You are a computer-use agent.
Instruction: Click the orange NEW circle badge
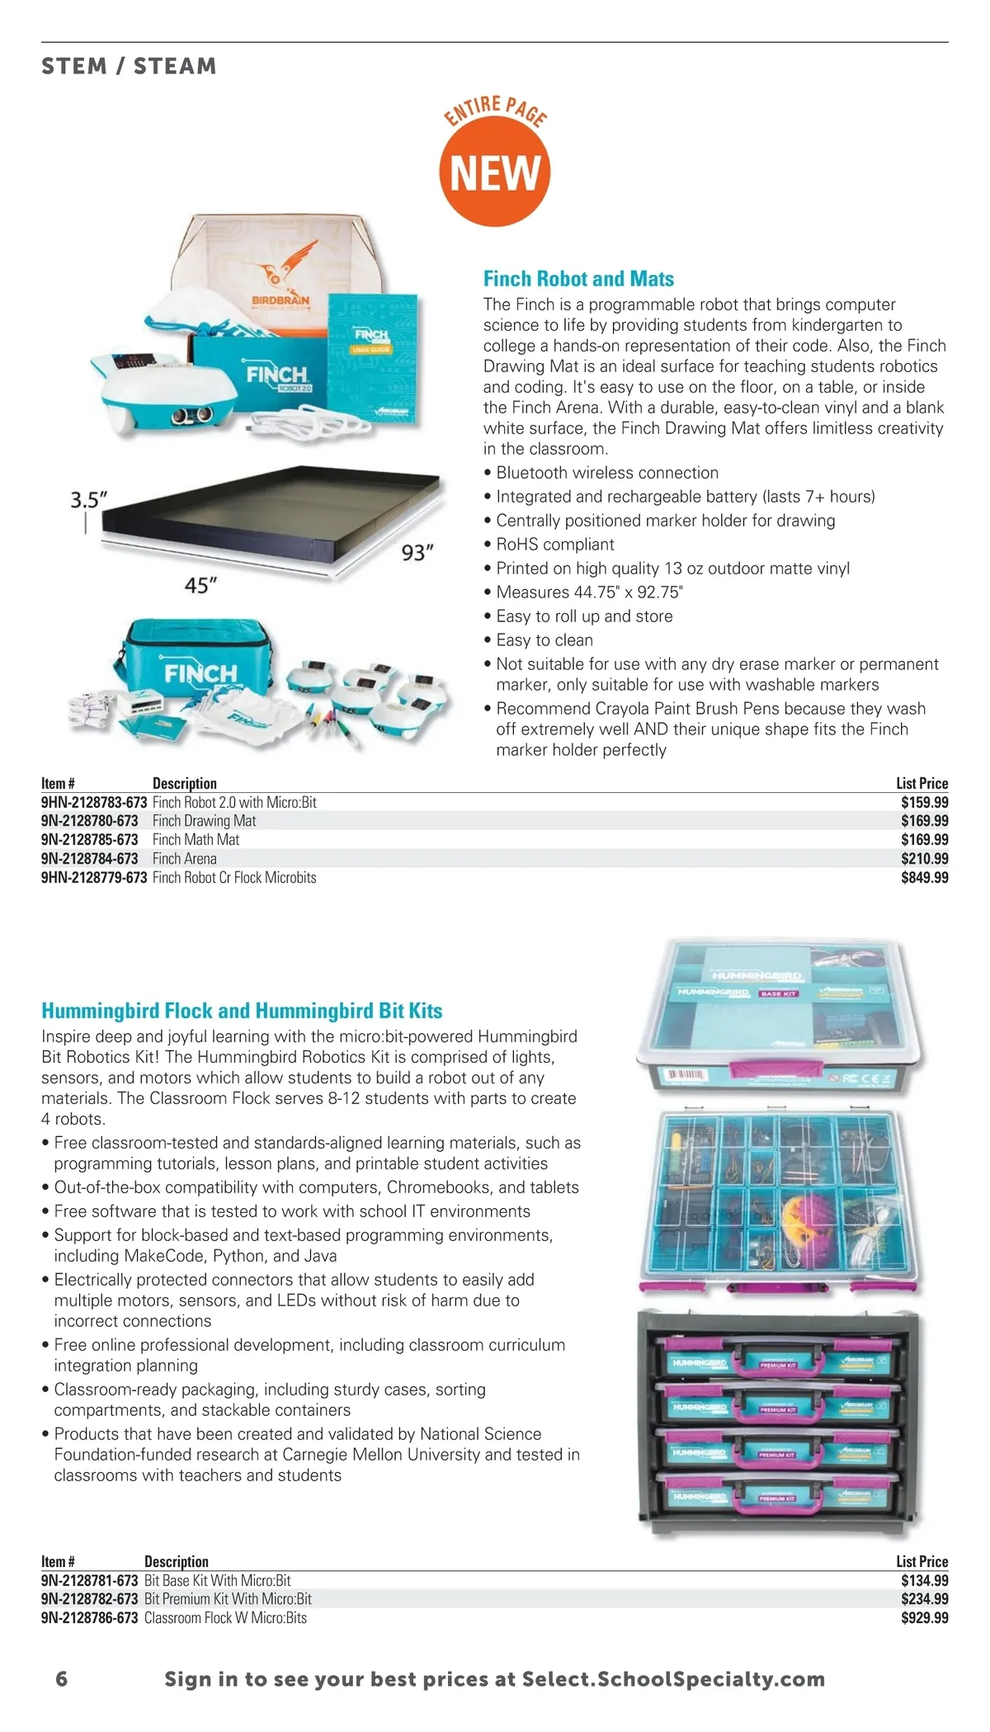pos(495,172)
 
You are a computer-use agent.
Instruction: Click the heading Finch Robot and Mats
pos(578,279)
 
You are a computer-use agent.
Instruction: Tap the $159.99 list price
pos(924,802)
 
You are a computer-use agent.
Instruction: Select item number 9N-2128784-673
pos(90,859)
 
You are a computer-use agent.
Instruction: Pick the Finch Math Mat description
pos(196,840)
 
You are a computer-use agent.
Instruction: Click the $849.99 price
pos(924,878)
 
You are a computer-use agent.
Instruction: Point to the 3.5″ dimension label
pos(88,500)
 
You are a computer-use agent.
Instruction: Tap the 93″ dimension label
pos(417,552)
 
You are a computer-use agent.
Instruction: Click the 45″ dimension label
pos(200,586)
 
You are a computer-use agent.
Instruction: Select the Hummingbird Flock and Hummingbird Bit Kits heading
pos(242,1011)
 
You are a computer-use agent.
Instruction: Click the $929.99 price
pos(924,1618)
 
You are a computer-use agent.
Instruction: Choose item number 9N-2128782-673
pos(90,1599)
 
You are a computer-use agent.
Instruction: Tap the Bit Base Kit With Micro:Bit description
pos(218,1581)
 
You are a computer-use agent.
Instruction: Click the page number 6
pos(62,1679)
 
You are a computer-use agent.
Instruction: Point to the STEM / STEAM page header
pos(129,66)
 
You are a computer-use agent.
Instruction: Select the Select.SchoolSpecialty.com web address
pos(674,1679)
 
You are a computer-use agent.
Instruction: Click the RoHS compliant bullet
pos(555,545)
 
